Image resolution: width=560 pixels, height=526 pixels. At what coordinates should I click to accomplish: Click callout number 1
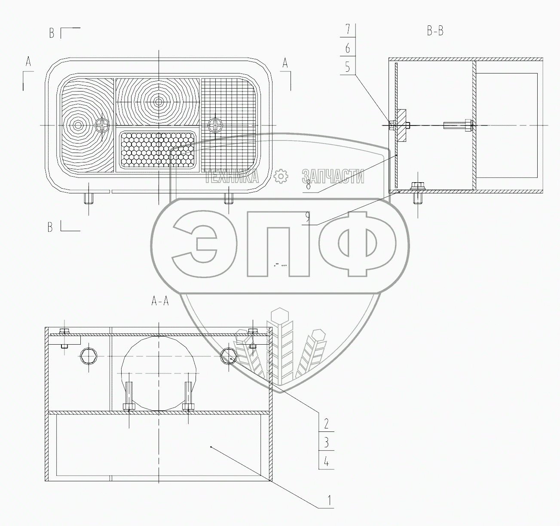(x=328, y=501)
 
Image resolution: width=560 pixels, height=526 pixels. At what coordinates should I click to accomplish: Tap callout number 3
(x=326, y=443)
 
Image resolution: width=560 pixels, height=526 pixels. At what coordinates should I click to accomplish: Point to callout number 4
(x=326, y=462)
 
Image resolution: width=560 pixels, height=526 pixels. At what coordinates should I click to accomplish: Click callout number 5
(x=347, y=68)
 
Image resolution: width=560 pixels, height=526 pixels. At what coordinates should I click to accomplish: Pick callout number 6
(x=347, y=49)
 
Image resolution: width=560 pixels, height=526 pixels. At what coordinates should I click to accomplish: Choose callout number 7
(x=347, y=29)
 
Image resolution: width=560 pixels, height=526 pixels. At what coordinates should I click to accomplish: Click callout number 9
(x=307, y=217)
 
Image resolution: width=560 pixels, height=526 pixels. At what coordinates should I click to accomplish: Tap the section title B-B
(x=435, y=31)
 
